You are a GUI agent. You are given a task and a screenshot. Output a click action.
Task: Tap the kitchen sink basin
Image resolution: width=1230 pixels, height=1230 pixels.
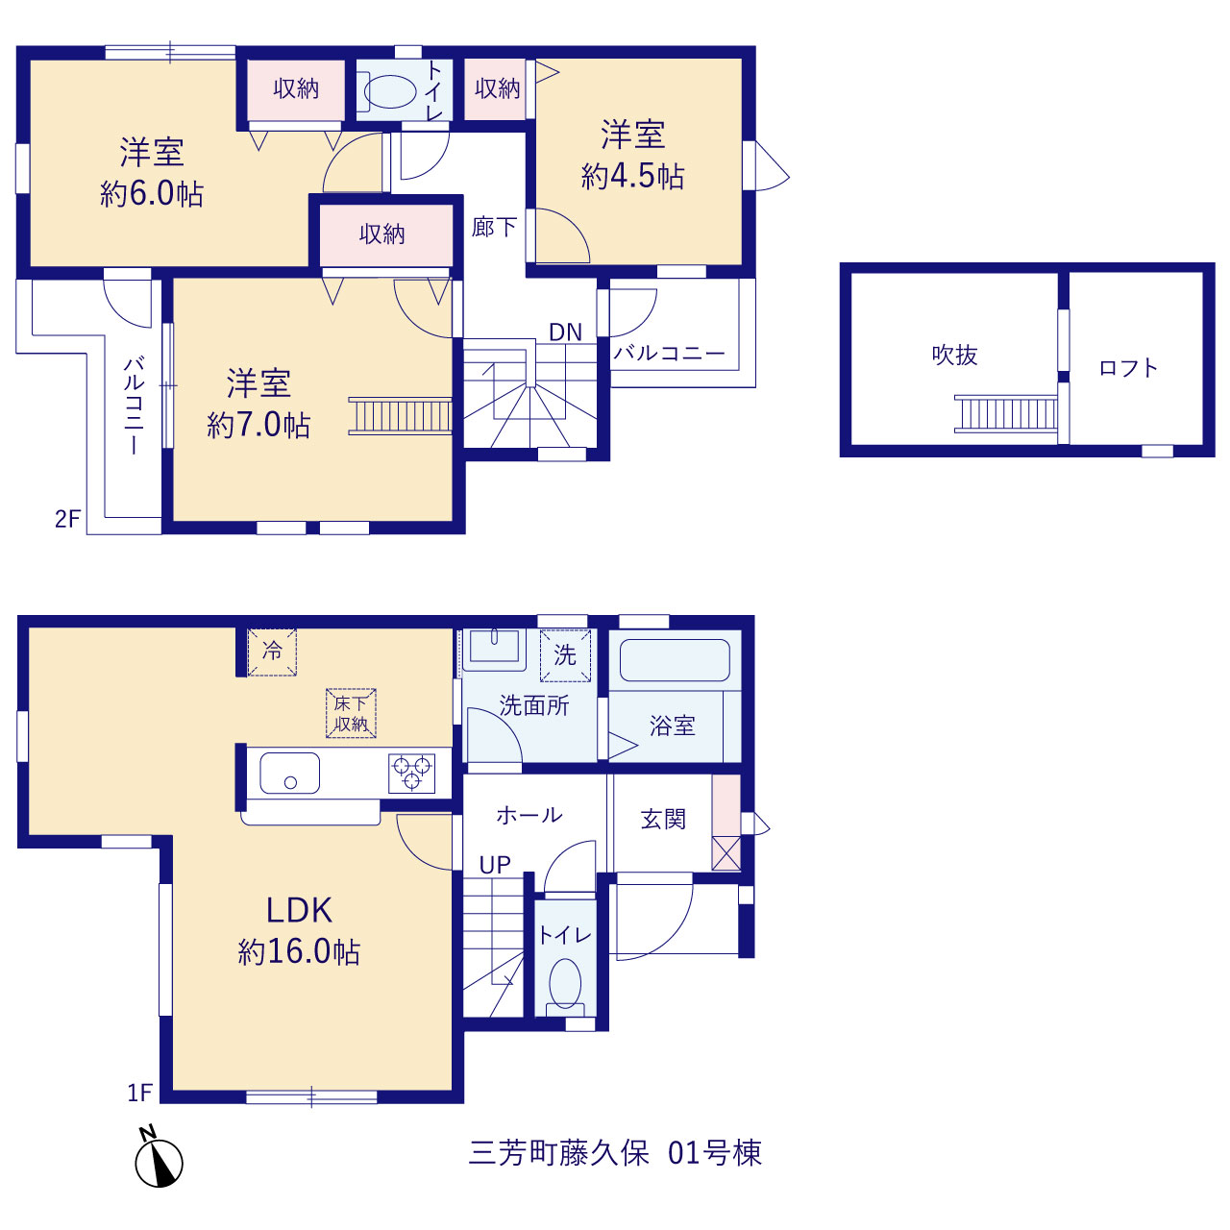pyautogui.click(x=290, y=773)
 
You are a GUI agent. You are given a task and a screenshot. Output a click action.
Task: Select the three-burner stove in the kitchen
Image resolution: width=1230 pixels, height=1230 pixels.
pyautogui.click(x=411, y=773)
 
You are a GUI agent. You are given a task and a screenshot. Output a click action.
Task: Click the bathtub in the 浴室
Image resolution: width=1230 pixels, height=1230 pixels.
pyautogui.click(x=675, y=660)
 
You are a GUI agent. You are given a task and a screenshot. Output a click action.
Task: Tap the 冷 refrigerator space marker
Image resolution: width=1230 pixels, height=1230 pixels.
pyautogui.click(x=272, y=652)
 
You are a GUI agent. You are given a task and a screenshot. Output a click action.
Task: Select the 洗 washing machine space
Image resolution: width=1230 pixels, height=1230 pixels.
pyautogui.click(x=565, y=655)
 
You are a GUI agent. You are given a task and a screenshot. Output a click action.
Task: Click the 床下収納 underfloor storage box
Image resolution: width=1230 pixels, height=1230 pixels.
pyautogui.click(x=351, y=713)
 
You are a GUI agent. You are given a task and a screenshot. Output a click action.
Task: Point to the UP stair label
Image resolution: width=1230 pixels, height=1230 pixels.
pyautogui.click(x=495, y=865)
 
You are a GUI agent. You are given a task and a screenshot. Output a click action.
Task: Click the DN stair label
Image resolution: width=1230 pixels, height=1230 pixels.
pyautogui.click(x=565, y=332)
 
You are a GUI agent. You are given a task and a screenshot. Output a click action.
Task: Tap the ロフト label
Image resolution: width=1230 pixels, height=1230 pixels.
pyautogui.click(x=1128, y=368)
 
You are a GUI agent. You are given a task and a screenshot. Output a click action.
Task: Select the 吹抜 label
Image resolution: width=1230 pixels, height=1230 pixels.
pyautogui.click(x=954, y=355)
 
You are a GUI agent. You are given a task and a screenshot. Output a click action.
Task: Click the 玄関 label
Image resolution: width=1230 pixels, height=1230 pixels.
pyautogui.click(x=663, y=819)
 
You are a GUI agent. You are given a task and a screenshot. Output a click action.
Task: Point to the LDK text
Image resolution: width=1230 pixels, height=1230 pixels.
pyautogui.click(x=299, y=910)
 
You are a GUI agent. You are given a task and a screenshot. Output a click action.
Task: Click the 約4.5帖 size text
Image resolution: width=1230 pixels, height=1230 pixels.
pyautogui.click(x=632, y=176)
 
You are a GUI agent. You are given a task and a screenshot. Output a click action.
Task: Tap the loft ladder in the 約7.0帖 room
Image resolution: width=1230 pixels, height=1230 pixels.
pyautogui.click(x=400, y=415)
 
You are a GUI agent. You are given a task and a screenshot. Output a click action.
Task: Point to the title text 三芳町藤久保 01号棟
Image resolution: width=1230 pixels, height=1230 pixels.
pyautogui.click(x=615, y=1153)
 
